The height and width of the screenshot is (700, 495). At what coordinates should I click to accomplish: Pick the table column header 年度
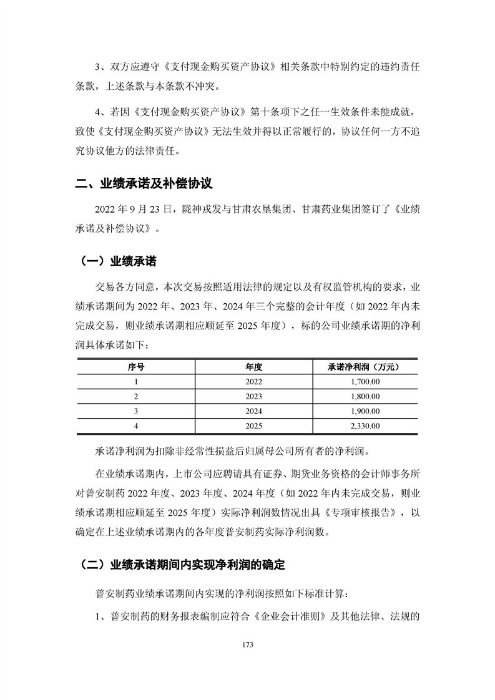[254, 367]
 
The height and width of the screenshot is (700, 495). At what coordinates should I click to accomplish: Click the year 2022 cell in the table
[254, 382]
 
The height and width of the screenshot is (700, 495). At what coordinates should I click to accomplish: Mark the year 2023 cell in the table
[254, 397]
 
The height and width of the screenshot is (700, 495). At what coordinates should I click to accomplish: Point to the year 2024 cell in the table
[254, 411]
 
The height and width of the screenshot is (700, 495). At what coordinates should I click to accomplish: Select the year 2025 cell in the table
[254, 426]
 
